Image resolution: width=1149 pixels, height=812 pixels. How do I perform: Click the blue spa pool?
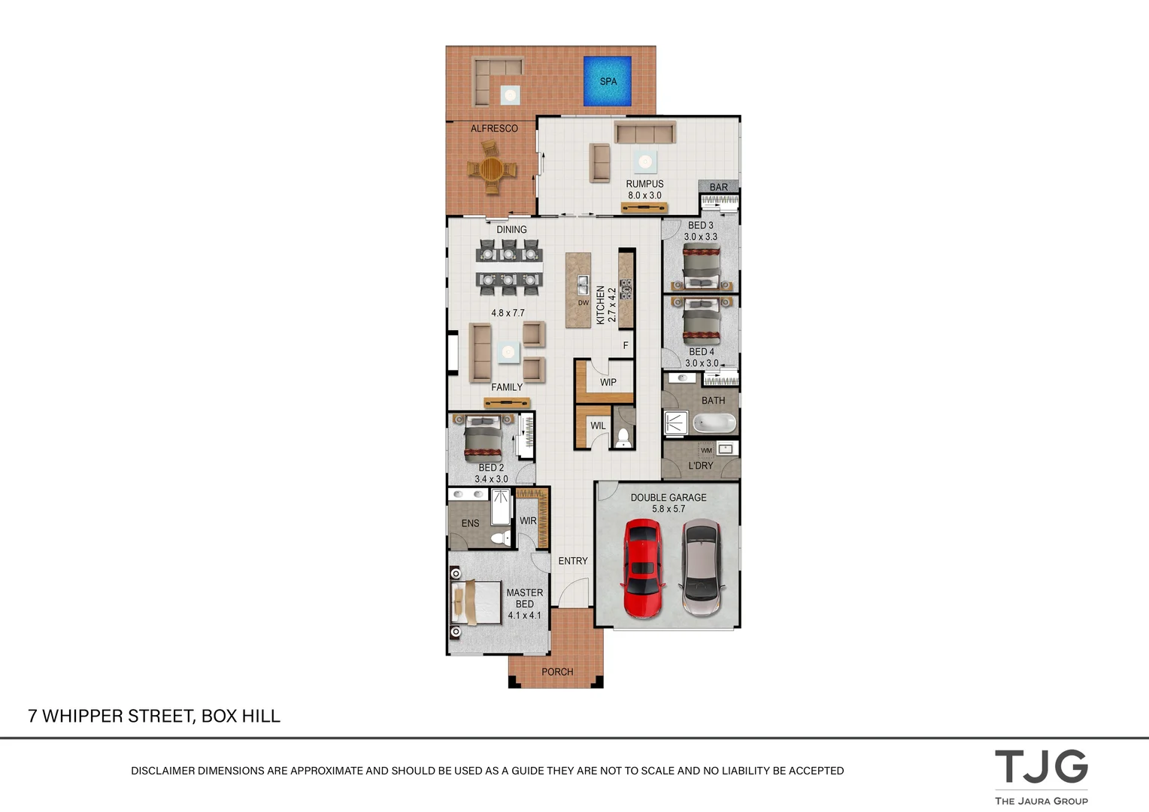click(608, 81)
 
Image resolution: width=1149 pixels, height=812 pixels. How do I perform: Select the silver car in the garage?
click(701, 568)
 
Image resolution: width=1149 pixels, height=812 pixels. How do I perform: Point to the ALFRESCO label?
click(494, 129)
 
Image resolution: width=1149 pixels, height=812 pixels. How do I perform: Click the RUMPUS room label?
click(644, 183)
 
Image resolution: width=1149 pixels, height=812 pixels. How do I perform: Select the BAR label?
click(718, 187)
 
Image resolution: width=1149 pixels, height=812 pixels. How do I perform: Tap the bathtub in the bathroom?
click(714, 423)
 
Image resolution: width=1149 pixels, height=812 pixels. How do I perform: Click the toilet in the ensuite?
click(497, 537)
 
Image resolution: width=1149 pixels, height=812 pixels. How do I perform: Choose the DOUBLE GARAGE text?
click(668, 498)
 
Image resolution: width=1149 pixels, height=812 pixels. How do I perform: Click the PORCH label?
click(557, 671)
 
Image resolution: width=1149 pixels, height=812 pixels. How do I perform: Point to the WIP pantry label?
click(608, 382)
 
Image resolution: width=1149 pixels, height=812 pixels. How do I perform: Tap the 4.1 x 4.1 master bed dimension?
click(524, 615)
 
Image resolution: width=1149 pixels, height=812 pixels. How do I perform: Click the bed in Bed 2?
click(482, 439)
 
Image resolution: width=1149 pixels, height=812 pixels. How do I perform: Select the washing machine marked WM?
click(706, 450)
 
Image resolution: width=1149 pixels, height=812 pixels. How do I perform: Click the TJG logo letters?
click(1041, 767)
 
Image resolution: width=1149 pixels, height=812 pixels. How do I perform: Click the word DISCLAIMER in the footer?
click(162, 771)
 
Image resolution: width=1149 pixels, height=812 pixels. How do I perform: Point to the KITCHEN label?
click(600, 304)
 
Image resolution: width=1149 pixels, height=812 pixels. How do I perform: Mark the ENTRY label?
click(572, 561)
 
